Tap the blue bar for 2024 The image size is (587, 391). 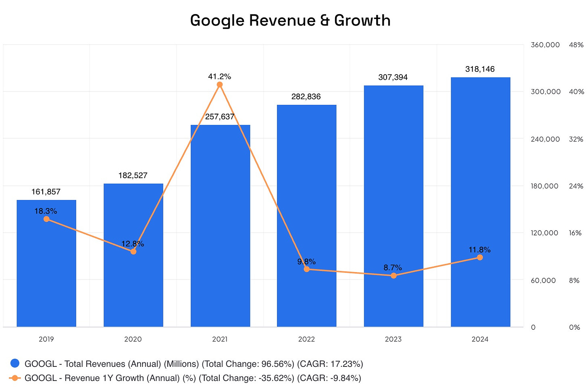click(480, 202)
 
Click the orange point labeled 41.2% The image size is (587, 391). click(220, 85)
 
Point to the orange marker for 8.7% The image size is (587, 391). click(393, 276)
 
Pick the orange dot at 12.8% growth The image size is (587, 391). click(133, 252)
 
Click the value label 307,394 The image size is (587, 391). click(393, 77)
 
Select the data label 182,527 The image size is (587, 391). click(133, 175)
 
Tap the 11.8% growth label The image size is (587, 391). click(479, 250)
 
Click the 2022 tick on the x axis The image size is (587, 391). click(306, 339)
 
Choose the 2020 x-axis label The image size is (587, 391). click(133, 339)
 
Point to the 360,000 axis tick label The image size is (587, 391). click(545, 45)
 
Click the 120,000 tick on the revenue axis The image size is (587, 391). click(544, 233)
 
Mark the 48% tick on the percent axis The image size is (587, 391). click(576, 45)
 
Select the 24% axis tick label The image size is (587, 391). click(576, 186)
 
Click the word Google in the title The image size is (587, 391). click(218, 21)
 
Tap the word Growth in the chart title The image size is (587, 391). click(362, 21)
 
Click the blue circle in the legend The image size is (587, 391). click(15, 364)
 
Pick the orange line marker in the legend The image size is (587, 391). click(15, 378)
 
